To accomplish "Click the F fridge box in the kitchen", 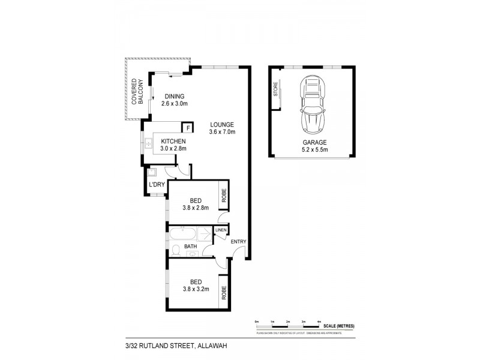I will point(188,128).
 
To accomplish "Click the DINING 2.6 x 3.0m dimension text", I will point(175,103).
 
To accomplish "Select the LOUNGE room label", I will point(221,124).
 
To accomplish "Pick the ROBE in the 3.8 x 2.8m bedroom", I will point(223,195).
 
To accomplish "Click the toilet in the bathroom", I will point(176,250).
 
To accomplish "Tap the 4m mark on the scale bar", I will point(319,322).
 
